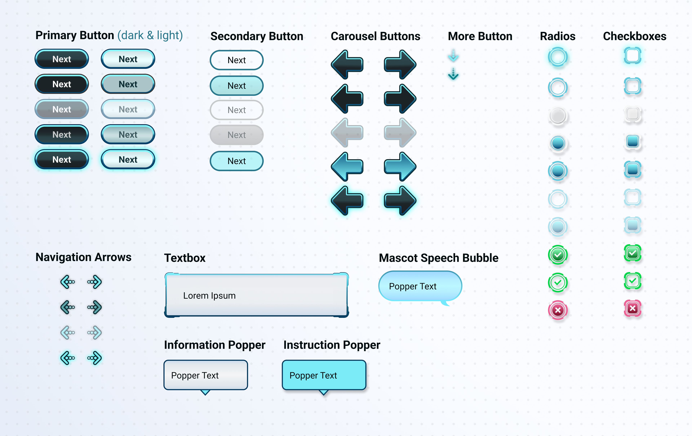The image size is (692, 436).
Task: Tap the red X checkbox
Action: pos(633,308)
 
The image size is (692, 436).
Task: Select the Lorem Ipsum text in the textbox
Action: pos(209,295)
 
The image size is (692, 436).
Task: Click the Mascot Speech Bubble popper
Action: pos(420,286)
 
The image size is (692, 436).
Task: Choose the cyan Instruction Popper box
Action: pos(324,375)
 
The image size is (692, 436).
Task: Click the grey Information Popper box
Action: pos(205,375)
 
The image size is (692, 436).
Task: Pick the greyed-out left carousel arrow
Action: pos(347,132)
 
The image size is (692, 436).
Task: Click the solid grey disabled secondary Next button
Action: pos(236,135)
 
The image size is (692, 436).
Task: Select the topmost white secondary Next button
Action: pos(236,60)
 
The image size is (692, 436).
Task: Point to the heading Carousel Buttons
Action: pos(375,36)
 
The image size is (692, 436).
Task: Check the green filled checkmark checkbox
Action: pos(633,253)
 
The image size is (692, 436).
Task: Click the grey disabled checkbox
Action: pos(633,114)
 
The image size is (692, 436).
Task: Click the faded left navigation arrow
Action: pos(68,333)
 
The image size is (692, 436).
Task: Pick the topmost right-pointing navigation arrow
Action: pos(95,282)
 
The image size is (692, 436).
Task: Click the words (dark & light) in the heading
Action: pos(150,35)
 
